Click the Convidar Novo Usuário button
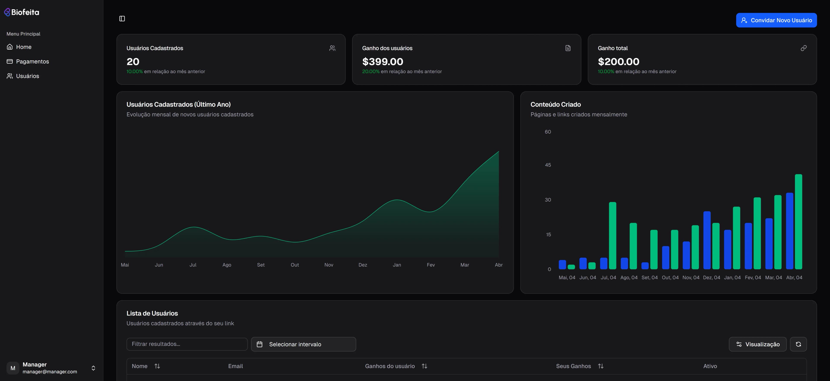pyautogui.click(x=776, y=20)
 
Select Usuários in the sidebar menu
pyautogui.click(x=27, y=76)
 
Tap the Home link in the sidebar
pyautogui.click(x=24, y=47)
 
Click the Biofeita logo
pyautogui.click(x=22, y=12)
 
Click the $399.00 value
pyautogui.click(x=382, y=62)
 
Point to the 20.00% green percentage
pyautogui.click(x=370, y=71)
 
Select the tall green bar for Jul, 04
pyautogui.click(x=613, y=235)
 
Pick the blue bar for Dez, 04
pyautogui.click(x=707, y=240)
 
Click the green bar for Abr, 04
pyautogui.click(x=798, y=222)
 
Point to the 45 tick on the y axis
pyautogui.click(x=548, y=165)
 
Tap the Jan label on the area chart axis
pyautogui.click(x=397, y=265)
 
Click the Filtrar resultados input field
pyautogui.click(x=187, y=344)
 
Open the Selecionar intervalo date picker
pyautogui.click(x=303, y=344)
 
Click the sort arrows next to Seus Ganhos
pyautogui.click(x=601, y=366)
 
